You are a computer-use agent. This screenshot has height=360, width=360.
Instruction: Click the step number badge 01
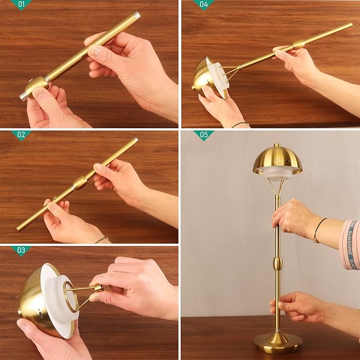(x=21, y=4)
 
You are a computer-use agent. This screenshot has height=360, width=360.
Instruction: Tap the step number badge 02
(x=21, y=135)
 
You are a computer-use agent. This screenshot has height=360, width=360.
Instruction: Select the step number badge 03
(x=21, y=250)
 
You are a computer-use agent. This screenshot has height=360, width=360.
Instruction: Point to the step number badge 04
(x=204, y=4)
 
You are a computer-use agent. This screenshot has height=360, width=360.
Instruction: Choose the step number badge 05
(x=204, y=135)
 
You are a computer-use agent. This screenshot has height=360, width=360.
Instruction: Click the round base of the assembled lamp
(x=277, y=341)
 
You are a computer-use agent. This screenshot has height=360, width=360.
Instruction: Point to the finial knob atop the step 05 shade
(x=277, y=145)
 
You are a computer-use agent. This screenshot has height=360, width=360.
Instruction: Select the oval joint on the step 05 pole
(x=277, y=263)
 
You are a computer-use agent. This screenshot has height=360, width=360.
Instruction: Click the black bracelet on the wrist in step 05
(x=317, y=230)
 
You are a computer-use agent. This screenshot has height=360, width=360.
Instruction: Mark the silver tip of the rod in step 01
(x=136, y=16)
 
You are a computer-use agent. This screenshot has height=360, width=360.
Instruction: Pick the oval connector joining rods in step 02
(x=80, y=183)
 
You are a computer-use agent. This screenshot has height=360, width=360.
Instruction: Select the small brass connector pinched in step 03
(x=98, y=288)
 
